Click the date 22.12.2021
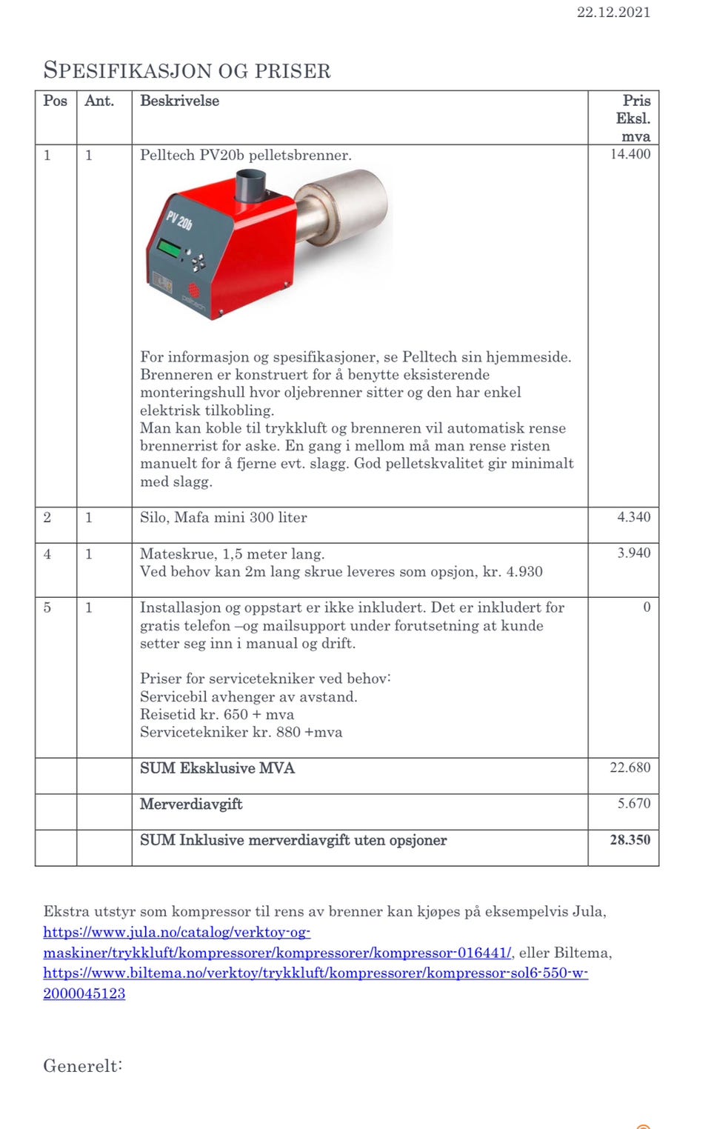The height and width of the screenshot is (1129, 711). (613, 12)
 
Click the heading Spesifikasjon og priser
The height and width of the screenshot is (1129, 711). (187, 70)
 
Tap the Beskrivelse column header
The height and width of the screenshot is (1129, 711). (179, 101)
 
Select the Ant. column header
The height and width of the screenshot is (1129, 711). (99, 101)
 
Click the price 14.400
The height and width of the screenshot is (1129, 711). (630, 154)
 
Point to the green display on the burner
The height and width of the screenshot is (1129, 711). (169, 247)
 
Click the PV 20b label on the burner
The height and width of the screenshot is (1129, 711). (178, 220)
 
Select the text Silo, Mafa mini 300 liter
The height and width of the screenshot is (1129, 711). (223, 517)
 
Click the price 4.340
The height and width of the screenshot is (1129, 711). (634, 517)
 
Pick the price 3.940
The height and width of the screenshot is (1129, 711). (634, 553)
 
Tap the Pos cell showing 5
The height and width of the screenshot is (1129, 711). (47, 607)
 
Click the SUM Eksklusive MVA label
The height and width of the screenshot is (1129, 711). (217, 768)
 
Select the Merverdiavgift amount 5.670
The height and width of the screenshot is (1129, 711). (634, 804)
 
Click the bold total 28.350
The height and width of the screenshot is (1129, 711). (630, 840)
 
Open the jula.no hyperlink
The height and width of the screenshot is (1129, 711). (277, 953)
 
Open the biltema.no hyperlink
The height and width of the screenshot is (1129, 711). (316, 973)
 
